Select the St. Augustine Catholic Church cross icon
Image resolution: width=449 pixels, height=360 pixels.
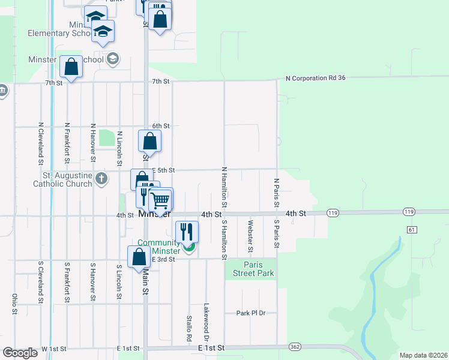(102, 178)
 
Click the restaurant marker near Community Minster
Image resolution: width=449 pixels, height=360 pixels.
(187, 231)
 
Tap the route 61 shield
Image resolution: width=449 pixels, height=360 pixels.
(411, 229)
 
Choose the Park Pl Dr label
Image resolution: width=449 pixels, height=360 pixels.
(250, 313)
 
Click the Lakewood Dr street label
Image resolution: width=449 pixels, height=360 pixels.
(206, 318)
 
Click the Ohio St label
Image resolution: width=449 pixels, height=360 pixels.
(14, 304)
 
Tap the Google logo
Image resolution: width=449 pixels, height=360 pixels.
(20, 353)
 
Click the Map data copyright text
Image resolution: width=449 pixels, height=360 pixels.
(423, 355)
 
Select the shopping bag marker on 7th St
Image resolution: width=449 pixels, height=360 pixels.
(71, 67)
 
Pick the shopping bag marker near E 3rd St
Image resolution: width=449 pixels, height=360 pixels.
(139, 257)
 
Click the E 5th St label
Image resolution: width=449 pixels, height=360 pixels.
(162, 170)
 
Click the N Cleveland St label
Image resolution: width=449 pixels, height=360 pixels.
(40, 143)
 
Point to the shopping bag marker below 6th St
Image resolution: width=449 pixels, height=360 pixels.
(149, 142)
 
